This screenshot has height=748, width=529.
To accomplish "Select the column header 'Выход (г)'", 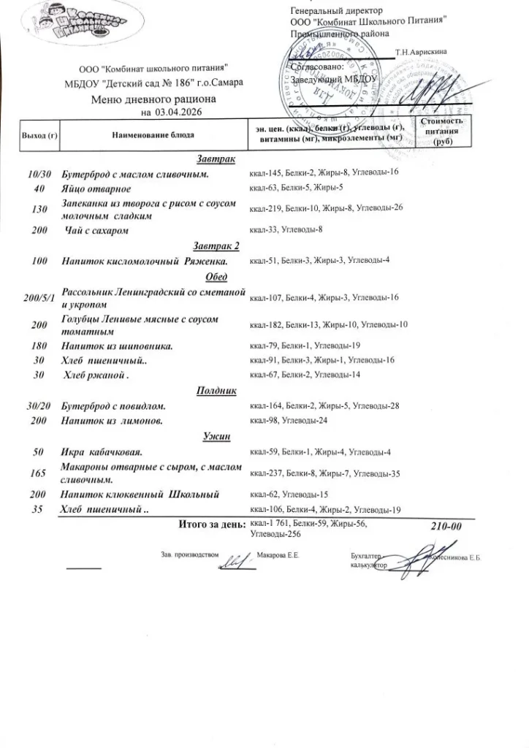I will click(x=39, y=136).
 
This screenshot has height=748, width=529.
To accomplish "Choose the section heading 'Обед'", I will click(x=216, y=277).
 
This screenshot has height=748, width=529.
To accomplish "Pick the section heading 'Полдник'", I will click(x=216, y=391).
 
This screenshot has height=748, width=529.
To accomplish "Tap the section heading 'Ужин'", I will click(x=216, y=436).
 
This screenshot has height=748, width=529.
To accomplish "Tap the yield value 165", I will click(x=39, y=473).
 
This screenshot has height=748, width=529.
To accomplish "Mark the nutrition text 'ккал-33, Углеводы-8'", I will click(x=286, y=230).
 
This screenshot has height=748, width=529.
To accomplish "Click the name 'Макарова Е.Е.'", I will click(x=281, y=555).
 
